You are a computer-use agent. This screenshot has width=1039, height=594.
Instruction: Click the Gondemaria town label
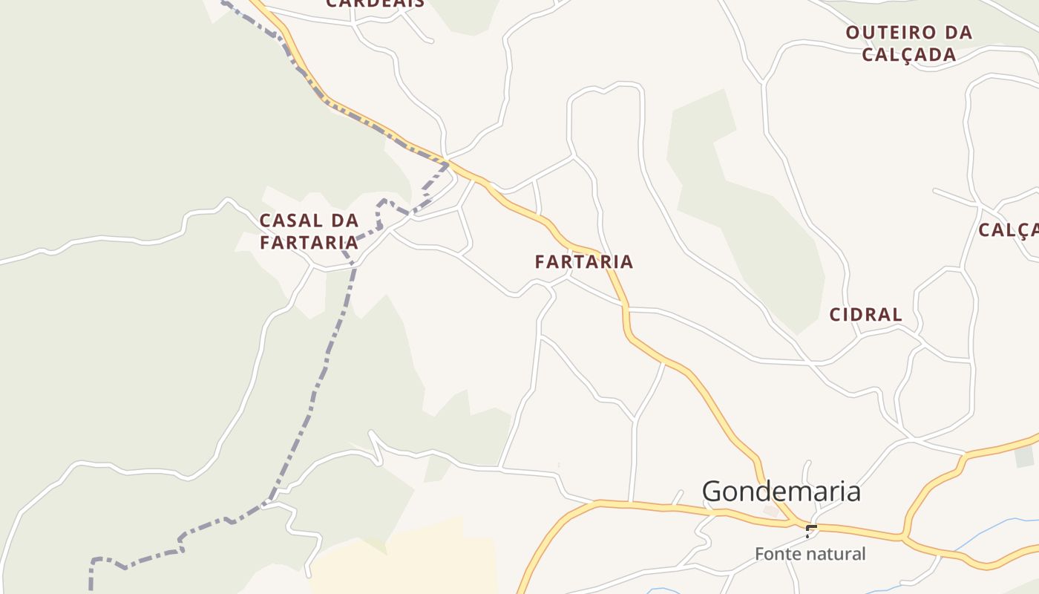781,492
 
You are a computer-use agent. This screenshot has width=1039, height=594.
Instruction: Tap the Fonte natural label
810,554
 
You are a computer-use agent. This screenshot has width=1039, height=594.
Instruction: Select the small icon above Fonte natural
811,530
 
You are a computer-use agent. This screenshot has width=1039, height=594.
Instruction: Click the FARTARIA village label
584,261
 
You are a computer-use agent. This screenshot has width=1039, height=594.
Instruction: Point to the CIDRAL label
865,315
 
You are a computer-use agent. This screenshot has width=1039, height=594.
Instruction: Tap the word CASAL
290,221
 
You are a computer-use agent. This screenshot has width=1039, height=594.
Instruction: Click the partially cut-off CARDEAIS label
376,4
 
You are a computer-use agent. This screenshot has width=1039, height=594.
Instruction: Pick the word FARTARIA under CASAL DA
309,243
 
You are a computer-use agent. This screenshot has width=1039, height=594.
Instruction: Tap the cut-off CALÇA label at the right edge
1008,230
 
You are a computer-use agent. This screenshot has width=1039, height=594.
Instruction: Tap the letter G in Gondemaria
713,492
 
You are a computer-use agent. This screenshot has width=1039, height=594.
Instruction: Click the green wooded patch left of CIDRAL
750,223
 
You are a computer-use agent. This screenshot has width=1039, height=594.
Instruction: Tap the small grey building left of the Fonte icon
771,512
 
